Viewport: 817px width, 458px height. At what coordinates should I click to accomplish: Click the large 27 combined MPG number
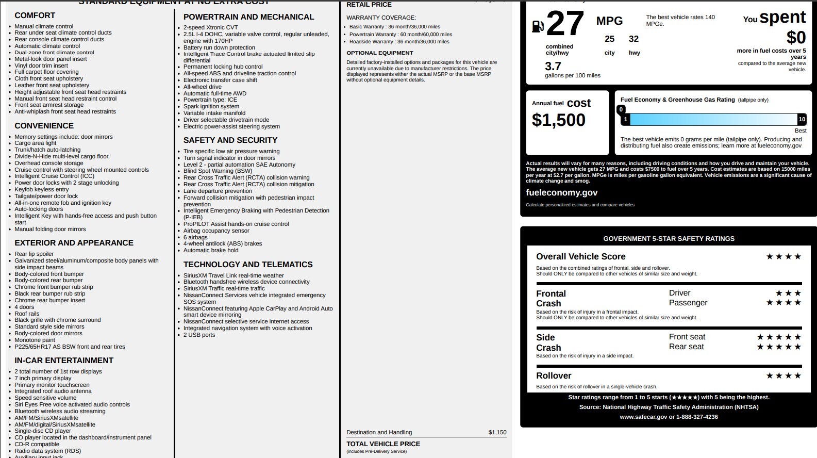tap(565, 24)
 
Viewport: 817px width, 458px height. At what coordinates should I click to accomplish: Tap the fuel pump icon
tap(537, 26)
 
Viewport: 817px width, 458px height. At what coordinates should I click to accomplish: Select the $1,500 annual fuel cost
tap(558, 120)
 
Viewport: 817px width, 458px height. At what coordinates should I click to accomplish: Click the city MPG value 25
tap(609, 39)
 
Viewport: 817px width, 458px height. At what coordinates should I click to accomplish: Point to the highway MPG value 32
tap(633, 39)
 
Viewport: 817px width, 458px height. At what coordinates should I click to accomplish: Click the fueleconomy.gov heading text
tap(561, 192)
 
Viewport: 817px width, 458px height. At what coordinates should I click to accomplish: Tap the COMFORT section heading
tap(35, 15)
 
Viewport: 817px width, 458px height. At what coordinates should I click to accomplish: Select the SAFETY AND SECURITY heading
tap(230, 140)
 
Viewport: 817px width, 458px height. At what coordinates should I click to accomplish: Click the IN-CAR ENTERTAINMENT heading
tap(64, 361)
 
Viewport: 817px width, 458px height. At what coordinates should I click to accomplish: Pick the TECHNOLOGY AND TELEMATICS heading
tap(248, 265)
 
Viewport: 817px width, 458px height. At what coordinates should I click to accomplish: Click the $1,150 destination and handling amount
tap(497, 432)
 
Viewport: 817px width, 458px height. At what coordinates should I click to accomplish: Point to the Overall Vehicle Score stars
tap(783, 256)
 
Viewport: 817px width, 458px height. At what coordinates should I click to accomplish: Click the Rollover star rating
tap(783, 375)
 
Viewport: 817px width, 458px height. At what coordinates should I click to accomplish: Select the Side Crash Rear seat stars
tap(779, 347)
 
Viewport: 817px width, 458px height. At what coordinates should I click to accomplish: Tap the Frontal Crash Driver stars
tap(788, 293)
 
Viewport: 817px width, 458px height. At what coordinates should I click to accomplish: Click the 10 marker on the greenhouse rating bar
tap(802, 119)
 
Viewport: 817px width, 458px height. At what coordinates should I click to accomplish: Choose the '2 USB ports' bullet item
tap(199, 335)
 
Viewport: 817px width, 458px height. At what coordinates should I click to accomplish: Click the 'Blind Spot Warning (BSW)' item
tap(218, 171)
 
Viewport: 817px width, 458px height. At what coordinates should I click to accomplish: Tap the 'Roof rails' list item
tap(27, 314)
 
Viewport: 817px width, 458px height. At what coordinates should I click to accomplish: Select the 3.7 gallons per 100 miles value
tap(553, 67)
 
